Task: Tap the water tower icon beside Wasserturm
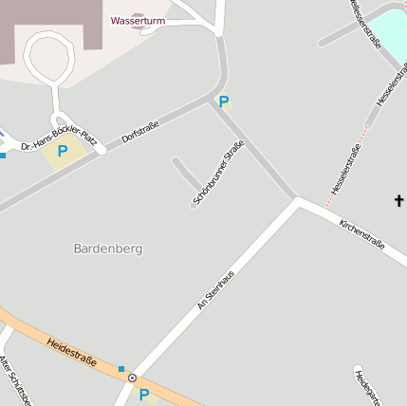(145, 31)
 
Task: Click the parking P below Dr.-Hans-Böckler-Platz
(63, 151)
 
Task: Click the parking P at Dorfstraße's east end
(224, 102)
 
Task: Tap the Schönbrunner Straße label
(218, 173)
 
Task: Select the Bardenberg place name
(107, 249)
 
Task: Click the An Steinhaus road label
(215, 286)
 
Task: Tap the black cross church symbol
(398, 200)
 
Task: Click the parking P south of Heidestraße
(144, 395)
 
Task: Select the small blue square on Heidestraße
(120, 368)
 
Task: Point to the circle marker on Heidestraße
(132, 378)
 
